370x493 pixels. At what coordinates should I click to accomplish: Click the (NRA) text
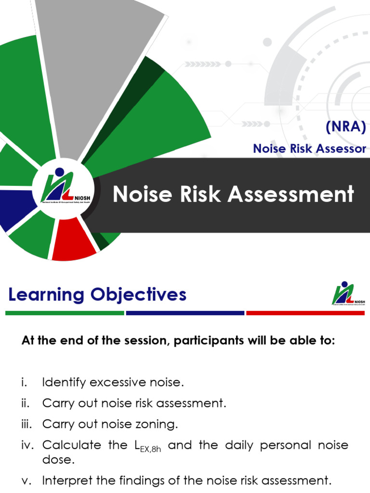coord(345,129)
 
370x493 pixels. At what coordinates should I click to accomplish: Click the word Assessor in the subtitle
coord(341,149)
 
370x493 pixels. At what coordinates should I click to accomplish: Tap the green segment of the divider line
coord(65,313)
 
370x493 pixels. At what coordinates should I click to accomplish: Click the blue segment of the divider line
coord(185,313)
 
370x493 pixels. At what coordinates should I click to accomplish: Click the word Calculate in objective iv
coord(71,445)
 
